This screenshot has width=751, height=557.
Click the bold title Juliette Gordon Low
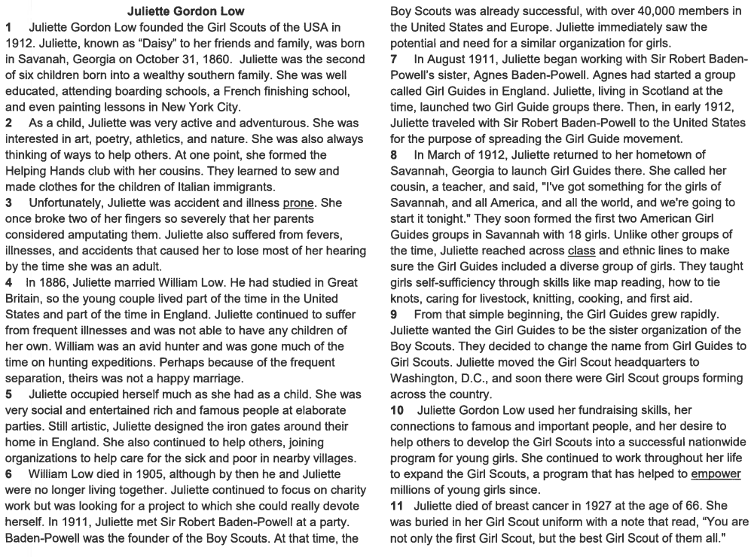coord(185,11)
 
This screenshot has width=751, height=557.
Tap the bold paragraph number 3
coord(8,202)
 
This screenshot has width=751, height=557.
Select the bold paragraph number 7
coord(394,59)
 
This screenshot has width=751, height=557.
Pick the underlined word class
coord(582,251)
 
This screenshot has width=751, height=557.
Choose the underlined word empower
coord(716,473)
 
